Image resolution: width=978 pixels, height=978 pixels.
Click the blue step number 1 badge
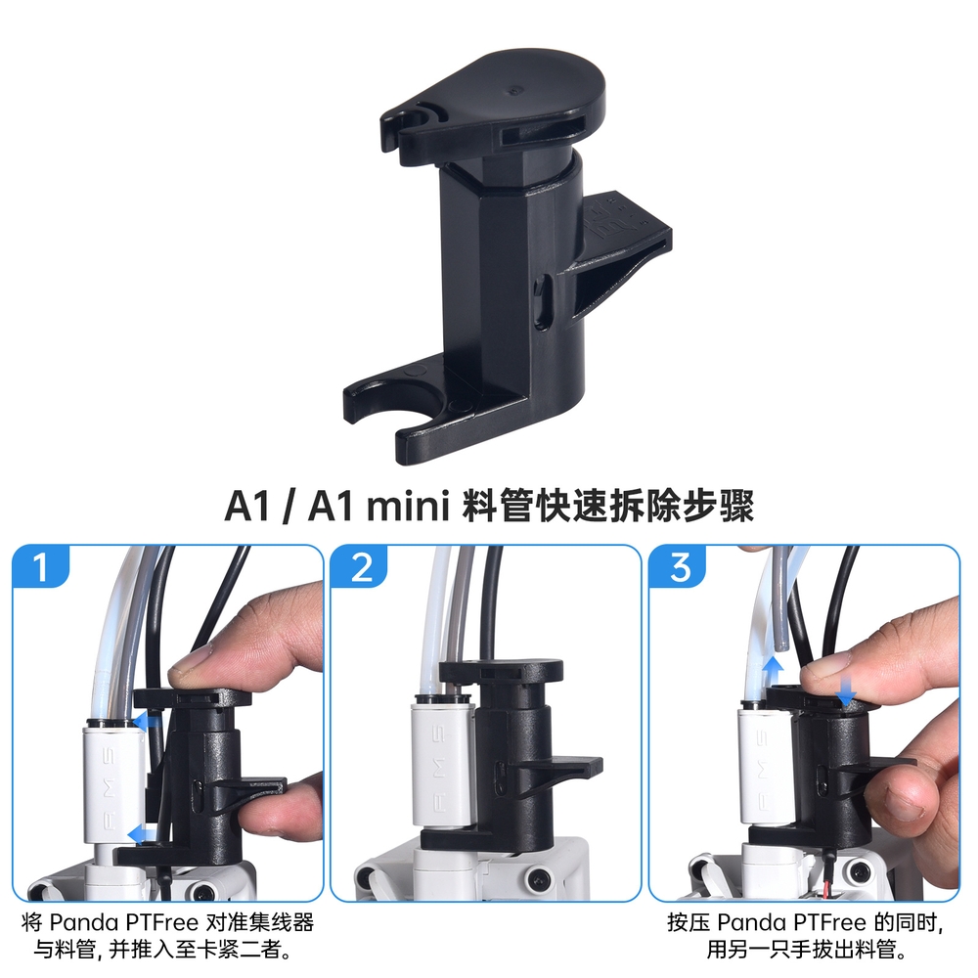(40, 566)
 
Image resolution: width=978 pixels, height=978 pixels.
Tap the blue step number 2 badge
(361, 566)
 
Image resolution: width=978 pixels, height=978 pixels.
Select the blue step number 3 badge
(680, 566)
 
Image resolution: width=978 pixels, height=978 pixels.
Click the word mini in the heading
(408, 506)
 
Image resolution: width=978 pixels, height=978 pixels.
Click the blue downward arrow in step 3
(845, 691)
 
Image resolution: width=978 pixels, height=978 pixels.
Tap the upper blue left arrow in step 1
(146, 723)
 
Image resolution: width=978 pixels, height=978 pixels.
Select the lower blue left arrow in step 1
(141, 834)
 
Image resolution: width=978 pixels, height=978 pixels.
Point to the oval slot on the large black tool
(543, 300)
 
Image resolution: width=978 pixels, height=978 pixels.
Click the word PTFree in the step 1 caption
(161, 922)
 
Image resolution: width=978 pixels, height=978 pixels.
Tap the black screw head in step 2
(538, 879)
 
